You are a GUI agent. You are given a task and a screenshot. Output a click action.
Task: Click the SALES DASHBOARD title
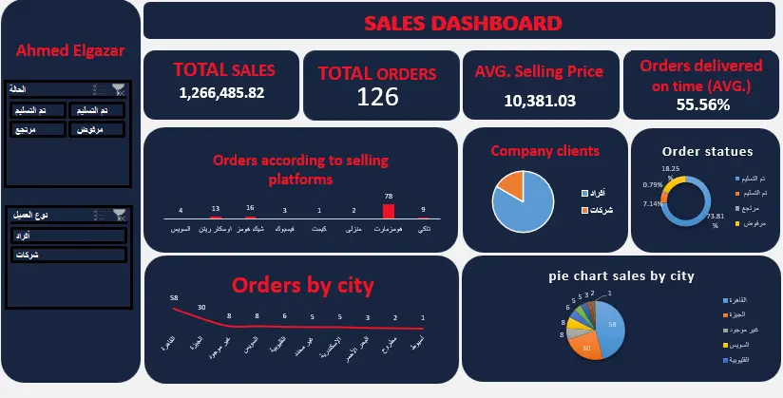point(462,24)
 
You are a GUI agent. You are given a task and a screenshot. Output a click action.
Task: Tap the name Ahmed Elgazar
point(70,50)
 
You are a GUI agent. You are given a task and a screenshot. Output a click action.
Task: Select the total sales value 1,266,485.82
point(221,92)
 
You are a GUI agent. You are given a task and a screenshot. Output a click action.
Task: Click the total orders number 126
point(377,96)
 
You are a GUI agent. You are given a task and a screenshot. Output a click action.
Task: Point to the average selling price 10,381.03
point(539,100)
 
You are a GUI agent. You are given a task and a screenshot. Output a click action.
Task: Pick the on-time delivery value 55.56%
point(703,104)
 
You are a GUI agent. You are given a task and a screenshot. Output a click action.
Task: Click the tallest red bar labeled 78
point(387,213)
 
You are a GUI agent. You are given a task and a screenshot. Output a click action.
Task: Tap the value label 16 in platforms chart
point(250,208)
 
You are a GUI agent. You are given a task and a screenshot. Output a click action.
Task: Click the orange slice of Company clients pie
point(512,184)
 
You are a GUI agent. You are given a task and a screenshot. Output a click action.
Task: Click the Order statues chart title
point(707,151)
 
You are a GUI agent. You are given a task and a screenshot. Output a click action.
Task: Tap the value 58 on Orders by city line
point(174,297)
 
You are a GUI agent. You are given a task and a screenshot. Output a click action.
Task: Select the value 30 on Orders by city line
point(201,307)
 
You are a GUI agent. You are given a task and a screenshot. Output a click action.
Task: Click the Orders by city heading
point(302,285)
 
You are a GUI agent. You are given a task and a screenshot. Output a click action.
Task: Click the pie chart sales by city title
point(621,275)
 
